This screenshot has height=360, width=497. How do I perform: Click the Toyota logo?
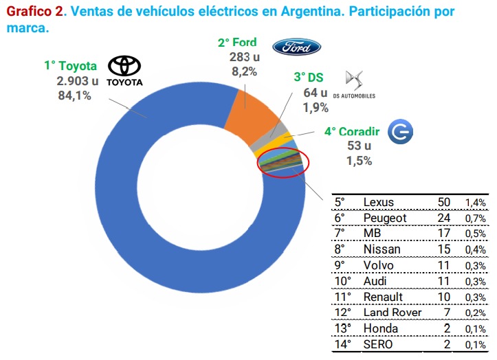coord(125,71)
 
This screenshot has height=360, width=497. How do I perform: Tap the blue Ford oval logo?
coord(296,47)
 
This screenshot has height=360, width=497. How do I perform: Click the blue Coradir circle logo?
coord(401,132)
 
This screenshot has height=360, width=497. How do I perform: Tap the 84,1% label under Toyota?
coord(75,96)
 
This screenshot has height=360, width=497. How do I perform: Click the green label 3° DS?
coord(308,78)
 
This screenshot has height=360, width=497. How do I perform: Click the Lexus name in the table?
coord(379,202)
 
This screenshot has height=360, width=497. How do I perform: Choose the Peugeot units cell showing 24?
coord(445,218)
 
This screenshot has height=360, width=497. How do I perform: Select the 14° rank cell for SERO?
coord(343,344)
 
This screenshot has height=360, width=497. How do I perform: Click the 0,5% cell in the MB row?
coord(476,234)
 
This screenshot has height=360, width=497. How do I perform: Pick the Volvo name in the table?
coord(379,265)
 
